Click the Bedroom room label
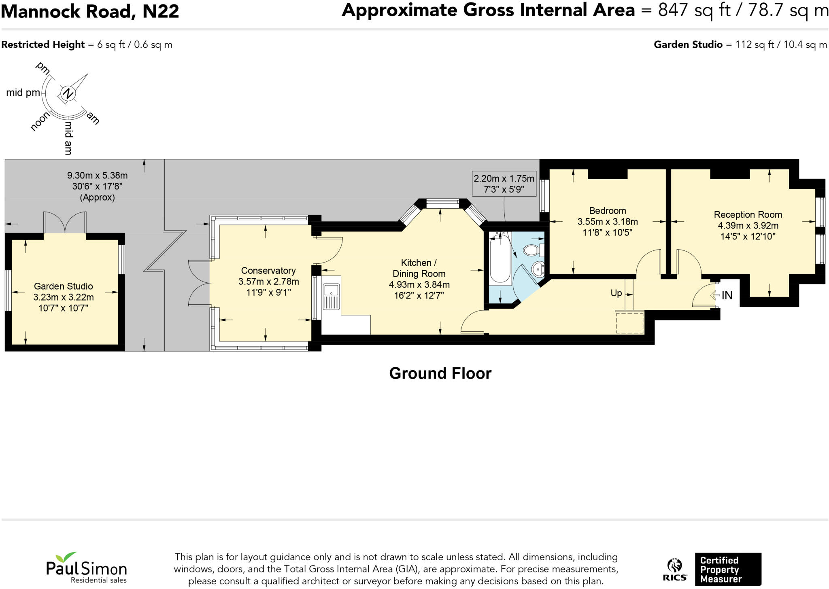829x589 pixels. pyautogui.click(x=607, y=211)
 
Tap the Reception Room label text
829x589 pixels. pyautogui.click(x=747, y=215)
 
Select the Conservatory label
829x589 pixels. pyautogui.click(x=268, y=271)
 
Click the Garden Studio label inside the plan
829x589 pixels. pyautogui.click(x=63, y=286)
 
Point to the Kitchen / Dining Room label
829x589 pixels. pyautogui.click(x=419, y=268)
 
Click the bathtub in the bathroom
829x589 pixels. pyautogui.click(x=500, y=259)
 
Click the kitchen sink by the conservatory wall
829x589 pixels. pyautogui.click(x=331, y=290)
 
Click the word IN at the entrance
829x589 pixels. pyautogui.click(x=727, y=295)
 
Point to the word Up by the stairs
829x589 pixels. pyautogui.click(x=616, y=293)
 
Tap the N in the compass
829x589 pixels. pyautogui.click(x=68, y=94)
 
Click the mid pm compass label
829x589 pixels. pyautogui.click(x=23, y=93)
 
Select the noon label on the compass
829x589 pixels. pyautogui.click(x=40, y=121)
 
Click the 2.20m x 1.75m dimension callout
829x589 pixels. pyautogui.click(x=504, y=184)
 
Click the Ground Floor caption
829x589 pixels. pyautogui.click(x=440, y=373)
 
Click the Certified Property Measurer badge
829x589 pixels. pyautogui.click(x=727, y=569)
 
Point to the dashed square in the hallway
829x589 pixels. pyautogui.click(x=630, y=323)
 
